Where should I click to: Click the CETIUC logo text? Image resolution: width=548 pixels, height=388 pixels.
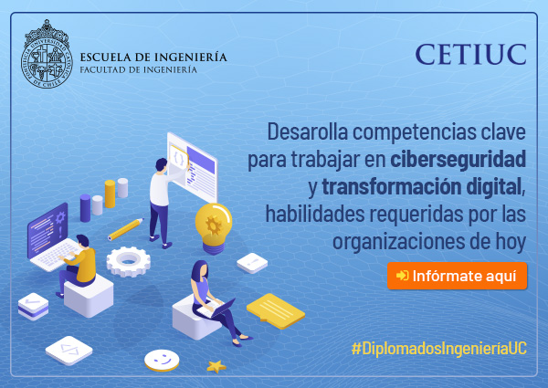pyautogui.click(x=470, y=55)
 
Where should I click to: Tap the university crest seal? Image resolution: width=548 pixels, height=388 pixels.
pyautogui.click(x=47, y=54)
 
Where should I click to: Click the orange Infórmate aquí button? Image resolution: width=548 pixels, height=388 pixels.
pyautogui.click(x=457, y=276)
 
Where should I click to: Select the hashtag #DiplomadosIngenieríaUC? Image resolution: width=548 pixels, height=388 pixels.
pyautogui.click(x=439, y=349)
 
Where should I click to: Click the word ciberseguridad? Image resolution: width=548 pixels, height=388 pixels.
pyautogui.click(x=458, y=159)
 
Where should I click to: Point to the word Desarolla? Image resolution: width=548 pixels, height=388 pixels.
pyautogui.click(x=308, y=131)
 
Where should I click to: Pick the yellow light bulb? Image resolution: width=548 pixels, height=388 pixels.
pyautogui.click(x=214, y=228)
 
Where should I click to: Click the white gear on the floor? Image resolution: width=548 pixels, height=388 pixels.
pyautogui.click(x=128, y=261)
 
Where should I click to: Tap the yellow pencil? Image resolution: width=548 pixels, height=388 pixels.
pyautogui.click(x=125, y=229)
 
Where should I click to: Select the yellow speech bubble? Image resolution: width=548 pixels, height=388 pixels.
pyautogui.click(x=276, y=311)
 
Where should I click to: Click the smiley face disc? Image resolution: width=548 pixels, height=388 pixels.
pyautogui.click(x=162, y=360)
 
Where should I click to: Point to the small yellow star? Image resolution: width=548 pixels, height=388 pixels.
pyautogui.click(x=216, y=367)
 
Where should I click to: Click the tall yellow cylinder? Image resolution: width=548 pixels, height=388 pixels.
pyautogui.click(x=110, y=194)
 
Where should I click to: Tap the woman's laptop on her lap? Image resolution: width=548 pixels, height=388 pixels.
pyautogui.click(x=216, y=309)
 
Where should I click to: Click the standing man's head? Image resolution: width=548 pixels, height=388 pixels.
pyautogui.click(x=162, y=165)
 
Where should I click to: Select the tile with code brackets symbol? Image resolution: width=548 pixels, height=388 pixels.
pyautogui.click(x=69, y=351)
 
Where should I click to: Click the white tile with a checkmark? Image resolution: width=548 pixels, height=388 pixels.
pyautogui.click(x=33, y=305)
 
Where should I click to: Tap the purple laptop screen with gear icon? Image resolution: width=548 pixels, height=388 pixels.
pyautogui.click(x=47, y=229)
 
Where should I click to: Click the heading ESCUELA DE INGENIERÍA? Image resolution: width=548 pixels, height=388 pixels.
pyautogui.click(x=153, y=57)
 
